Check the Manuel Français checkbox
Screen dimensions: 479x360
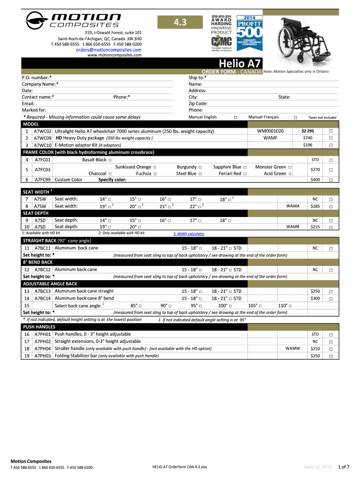click(295, 117)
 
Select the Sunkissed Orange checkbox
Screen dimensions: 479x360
click(155, 167)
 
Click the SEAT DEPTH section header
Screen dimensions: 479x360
click(36, 213)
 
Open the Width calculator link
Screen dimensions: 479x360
click(188, 234)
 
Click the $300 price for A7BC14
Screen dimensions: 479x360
click(315, 298)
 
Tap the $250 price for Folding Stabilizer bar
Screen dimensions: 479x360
click(315, 356)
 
